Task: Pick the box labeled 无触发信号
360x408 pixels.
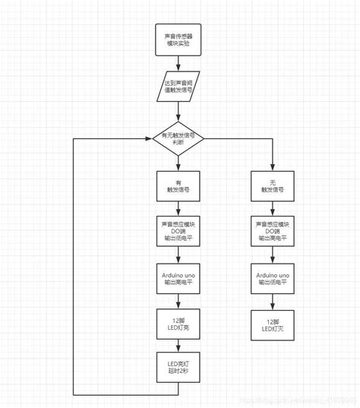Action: (273, 187)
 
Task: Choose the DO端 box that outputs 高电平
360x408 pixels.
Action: (273, 231)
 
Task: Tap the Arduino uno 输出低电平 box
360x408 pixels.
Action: (273, 277)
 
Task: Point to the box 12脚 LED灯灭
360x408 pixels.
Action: (273, 322)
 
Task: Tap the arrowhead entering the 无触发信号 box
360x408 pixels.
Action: (273, 167)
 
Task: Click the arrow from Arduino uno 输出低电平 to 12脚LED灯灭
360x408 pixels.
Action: (273, 299)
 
